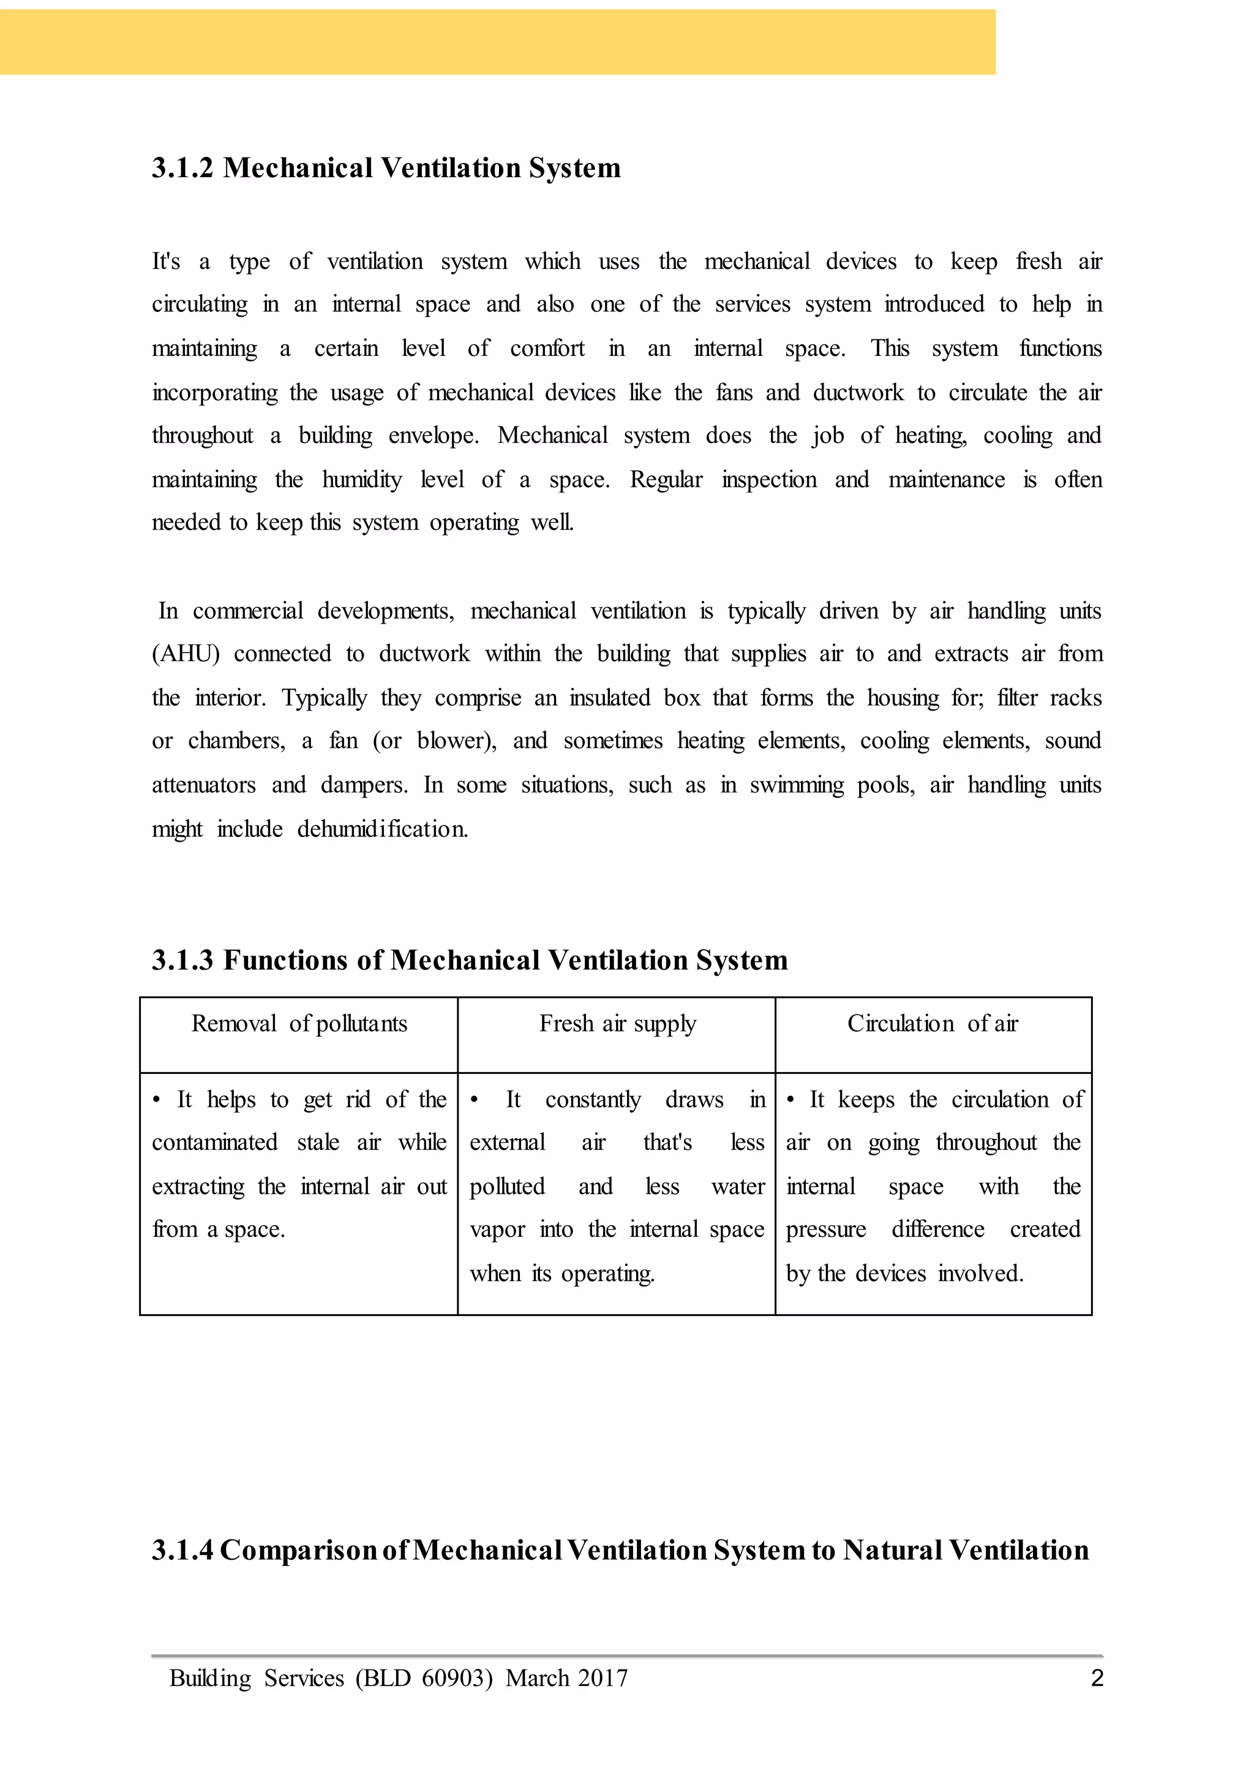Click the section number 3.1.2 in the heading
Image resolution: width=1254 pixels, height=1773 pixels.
pyautogui.click(x=182, y=168)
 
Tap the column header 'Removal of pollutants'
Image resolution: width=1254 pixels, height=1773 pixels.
pyautogui.click(x=299, y=1024)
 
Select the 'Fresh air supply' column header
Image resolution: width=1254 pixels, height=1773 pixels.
pyautogui.click(x=617, y=1024)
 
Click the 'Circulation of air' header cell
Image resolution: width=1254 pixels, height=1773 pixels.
pyautogui.click(x=932, y=1024)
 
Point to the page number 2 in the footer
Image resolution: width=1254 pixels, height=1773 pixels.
pyautogui.click(x=1097, y=1678)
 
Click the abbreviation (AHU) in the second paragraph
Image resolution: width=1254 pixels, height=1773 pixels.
pyautogui.click(x=186, y=654)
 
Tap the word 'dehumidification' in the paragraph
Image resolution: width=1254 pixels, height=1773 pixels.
pyautogui.click(x=382, y=830)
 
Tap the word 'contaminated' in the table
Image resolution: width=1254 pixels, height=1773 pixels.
pyautogui.click(x=215, y=1143)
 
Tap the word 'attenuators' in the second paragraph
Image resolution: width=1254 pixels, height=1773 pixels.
pyautogui.click(x=203, y=785)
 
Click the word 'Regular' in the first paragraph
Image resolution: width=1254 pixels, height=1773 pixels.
pyautogui.click(x=666, y=480)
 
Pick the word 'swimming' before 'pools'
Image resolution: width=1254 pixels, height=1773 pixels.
pyautogui.click(x=796, y=785)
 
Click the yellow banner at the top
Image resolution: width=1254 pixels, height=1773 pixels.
pyautogui.click(x=497, y=42)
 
